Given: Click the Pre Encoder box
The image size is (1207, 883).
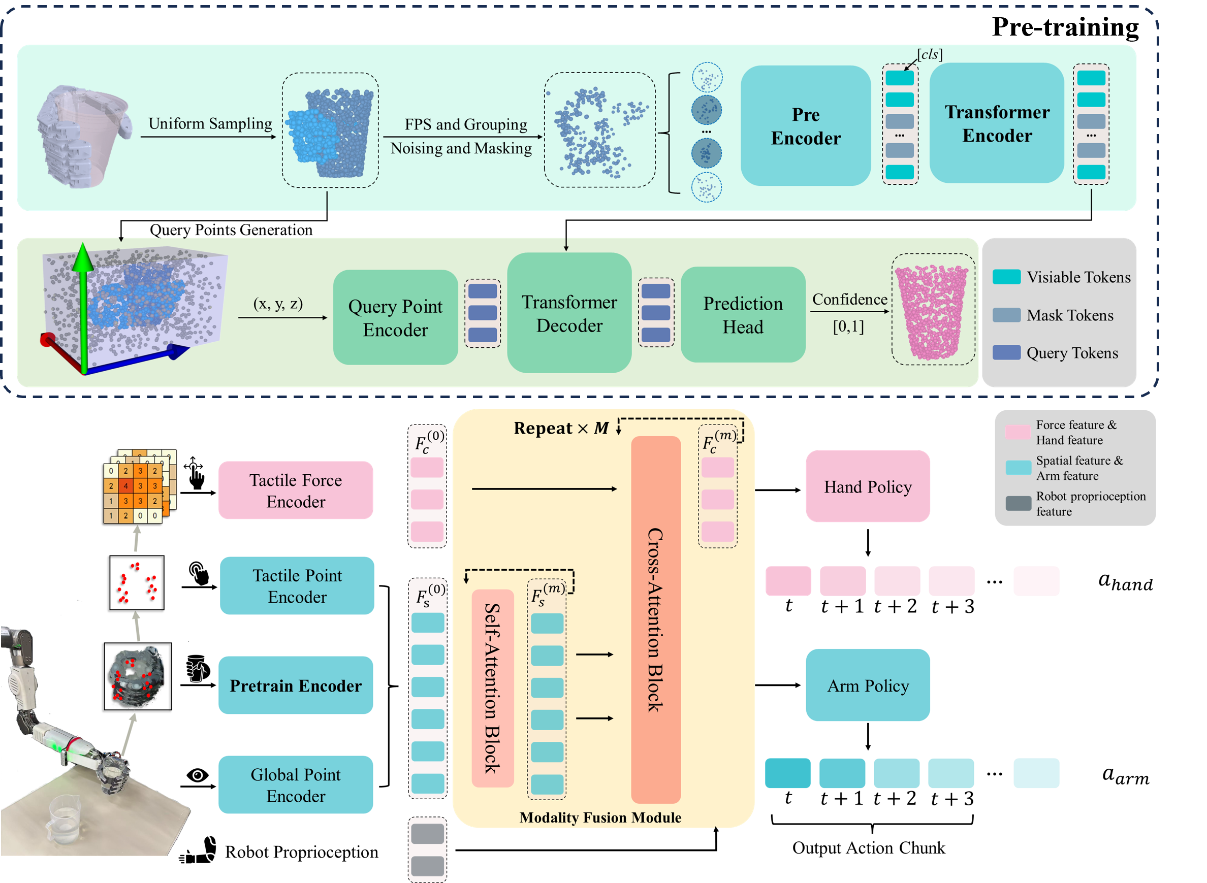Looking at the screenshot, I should tap(805, 126).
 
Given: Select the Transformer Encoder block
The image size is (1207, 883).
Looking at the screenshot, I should tap(997, 123).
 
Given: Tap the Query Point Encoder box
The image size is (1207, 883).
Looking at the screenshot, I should tap(395, 317).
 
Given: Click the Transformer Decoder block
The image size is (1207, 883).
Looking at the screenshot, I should tap(569, 313).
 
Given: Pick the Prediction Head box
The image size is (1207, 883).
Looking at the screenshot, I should tap(743, 315).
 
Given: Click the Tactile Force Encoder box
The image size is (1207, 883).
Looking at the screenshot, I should tap(296, 490).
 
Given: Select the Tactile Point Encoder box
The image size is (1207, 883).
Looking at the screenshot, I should tap(297, 586).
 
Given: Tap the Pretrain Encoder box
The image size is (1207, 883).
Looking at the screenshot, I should tap(296, 685).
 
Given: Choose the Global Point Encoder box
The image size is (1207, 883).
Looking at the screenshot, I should tap(296, 784).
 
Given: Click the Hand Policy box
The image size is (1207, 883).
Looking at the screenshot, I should tap(868, 486).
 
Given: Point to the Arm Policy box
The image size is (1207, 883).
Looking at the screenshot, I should tap(868, 685).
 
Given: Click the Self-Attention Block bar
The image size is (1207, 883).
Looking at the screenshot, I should tap(493, 689).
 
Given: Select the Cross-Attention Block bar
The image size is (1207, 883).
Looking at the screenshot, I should tap(656, 620).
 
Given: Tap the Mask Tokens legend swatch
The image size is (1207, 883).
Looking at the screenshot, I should tap(1006, 315).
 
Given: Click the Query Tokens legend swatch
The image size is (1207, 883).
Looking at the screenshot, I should tap(1006, 353).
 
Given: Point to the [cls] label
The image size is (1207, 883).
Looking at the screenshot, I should tap(930, 54).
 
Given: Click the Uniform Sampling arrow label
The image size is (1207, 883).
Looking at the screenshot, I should tap(210, 123).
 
